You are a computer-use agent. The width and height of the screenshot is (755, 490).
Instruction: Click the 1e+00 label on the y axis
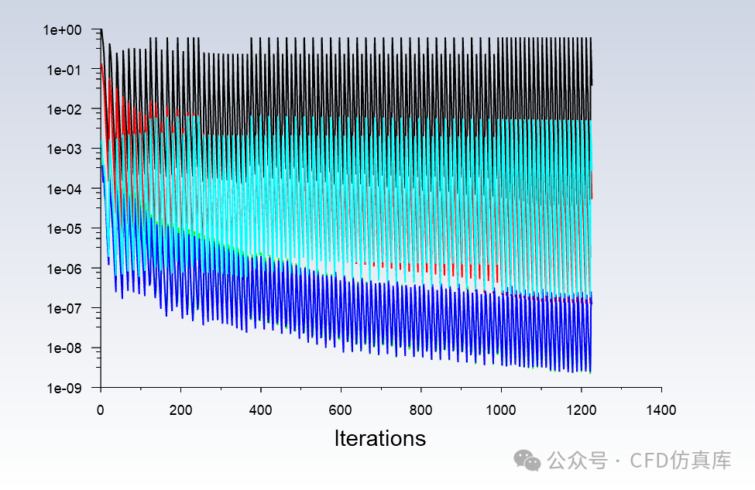click(x=63, y=30)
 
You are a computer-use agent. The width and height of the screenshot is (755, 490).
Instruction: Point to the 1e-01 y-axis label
click(x=64, y=70)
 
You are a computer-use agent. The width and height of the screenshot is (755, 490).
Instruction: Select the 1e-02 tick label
click(x=64, y=110)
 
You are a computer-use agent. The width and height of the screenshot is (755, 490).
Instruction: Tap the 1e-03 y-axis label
click(x=64, y=149)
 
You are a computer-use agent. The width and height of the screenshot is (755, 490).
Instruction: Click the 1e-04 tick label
click(x=64, y=189)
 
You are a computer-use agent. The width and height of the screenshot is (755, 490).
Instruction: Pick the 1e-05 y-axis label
click(x=64, y=228)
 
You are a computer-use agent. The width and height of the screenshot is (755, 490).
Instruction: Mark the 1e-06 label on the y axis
click(x=64, y=269)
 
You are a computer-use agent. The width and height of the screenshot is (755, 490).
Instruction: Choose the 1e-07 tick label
click(x=64, y=308)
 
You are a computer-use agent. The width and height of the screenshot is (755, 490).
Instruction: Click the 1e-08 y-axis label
click(x=64, y=348)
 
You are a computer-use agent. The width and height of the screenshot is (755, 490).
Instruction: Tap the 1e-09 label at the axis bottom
click(x=64, y=388)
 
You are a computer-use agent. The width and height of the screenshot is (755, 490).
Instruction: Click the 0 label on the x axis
click(x=100, y=410)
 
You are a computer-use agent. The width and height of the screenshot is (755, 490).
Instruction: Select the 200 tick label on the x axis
click(x=180, y=410)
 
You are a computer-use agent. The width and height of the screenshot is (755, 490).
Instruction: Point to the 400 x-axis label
click(x=260, y=410)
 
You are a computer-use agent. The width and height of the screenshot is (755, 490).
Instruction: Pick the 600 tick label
click(x=341, y=410)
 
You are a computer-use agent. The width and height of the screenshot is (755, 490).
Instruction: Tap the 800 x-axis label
click(x=420, y=410)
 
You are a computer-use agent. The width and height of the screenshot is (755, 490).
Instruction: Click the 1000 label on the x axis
click(x=501, y=410)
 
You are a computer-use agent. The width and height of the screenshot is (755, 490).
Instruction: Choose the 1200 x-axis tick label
click(x=582, y=410)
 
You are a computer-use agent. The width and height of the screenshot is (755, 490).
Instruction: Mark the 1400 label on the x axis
click(x=661, y=410)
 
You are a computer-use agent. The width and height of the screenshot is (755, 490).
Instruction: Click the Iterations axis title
click(x=380, y=438)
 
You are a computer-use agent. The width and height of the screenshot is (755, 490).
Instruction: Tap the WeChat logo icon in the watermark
click(x=527, y=461)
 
